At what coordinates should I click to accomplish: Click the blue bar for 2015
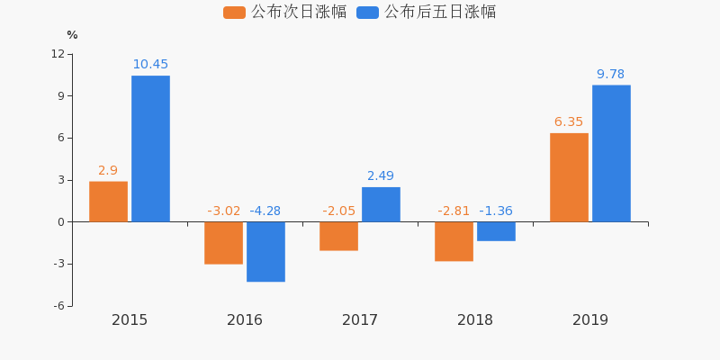point(150,148)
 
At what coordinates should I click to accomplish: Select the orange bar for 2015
point(108,202)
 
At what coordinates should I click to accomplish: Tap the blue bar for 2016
point(265,252)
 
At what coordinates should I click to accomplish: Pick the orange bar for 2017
point(339,236)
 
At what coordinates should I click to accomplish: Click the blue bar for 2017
point(381,204)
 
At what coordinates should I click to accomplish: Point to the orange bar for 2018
point(454,241)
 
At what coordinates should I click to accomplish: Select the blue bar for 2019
point(612,153)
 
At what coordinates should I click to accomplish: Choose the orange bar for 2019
point(570,177)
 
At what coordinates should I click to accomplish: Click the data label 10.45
point(150,64)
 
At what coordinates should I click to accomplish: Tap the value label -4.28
point(265,211)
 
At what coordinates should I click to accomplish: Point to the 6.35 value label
point(569,122)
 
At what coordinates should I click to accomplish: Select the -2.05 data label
point(339,211)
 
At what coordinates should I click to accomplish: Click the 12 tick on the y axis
point(58,54)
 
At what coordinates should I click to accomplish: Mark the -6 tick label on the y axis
point(58,306)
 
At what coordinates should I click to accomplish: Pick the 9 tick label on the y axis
point(61,96)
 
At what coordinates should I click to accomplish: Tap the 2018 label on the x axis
point(475,320)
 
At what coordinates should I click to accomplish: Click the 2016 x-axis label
point(245,320)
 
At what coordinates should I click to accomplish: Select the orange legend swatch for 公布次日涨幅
point(234,13)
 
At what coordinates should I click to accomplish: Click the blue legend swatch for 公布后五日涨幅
point(368,13)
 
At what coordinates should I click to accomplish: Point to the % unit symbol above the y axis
point(72,35)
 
